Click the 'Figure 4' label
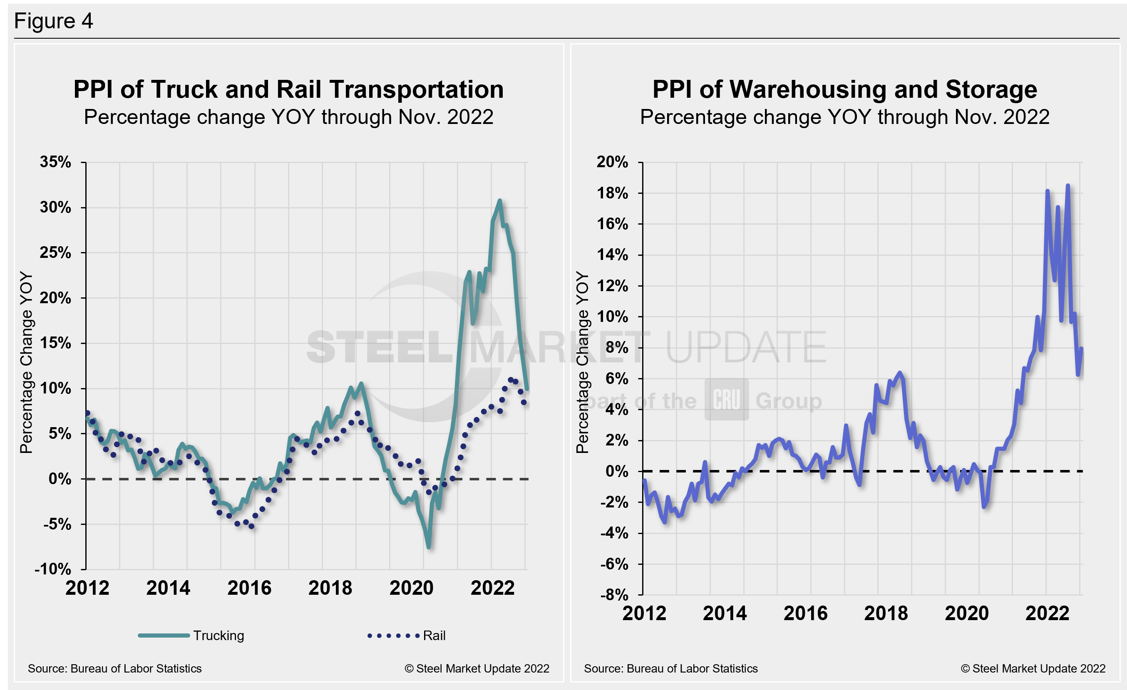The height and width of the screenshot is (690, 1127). click(x=54, y=21)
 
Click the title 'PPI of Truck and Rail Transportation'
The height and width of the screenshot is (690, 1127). click(x=288, y=89)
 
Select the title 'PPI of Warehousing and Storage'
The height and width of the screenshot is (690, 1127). click(x=844, y=89)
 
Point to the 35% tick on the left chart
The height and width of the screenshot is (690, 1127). click(x=55, y=162)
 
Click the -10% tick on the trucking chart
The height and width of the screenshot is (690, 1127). click(x=52, y=569)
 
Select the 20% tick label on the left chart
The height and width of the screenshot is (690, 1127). click(x=55, y=298)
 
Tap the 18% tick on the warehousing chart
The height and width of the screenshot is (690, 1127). click(x=613, y=193)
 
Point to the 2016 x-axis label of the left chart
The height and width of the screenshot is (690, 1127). click(x=249, y=588)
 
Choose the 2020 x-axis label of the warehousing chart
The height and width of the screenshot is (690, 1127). click(x=966, y=613)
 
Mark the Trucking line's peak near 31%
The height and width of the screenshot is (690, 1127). click(x=499, y=200)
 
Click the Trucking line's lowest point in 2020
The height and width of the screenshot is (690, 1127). click(x=429, y=547)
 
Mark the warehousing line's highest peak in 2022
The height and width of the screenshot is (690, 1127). click(x=1067, y=185)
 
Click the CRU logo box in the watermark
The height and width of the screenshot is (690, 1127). click(x=726, y=399)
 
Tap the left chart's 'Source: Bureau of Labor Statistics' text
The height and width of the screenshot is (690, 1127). click(x=114, y=668)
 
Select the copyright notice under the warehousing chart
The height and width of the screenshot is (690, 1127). click(x=1033, y=668)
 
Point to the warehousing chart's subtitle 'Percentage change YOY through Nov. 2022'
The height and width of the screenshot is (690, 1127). click(x=844, y=117)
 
